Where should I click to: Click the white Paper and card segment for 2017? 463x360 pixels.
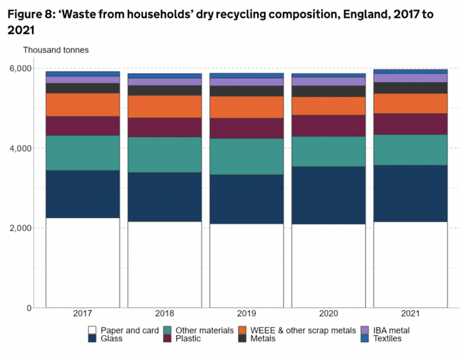point(83,263)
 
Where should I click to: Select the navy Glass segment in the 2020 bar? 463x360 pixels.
point(329,195)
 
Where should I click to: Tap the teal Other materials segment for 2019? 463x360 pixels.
point(247,156)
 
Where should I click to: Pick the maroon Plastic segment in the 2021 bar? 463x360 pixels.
point(410,124)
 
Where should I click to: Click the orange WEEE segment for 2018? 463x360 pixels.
point(165,107)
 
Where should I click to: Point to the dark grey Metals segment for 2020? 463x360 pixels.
point(329,92)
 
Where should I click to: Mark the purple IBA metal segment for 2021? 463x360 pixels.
point(410,78)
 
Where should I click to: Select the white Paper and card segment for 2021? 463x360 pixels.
point(410,265)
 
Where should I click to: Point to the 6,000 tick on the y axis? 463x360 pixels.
point(20,69)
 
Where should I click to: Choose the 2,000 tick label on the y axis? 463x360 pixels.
point(20,228)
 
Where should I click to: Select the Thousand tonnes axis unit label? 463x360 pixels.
point(56,50)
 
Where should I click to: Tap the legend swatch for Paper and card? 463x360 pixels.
point(93,330)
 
